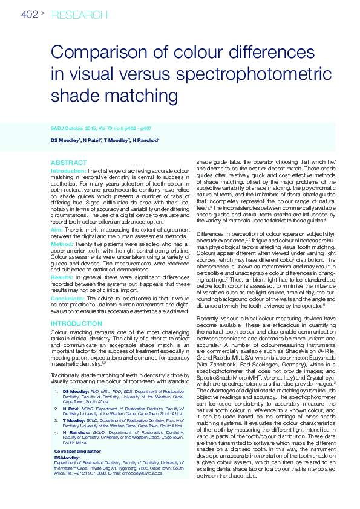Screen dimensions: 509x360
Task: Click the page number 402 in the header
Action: [x=30, y=14]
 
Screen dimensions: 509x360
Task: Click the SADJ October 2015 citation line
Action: [x=101, y=128]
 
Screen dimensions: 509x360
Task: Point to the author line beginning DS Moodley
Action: [x=105, y=140]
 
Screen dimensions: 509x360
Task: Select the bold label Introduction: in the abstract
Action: [x=68, y=171]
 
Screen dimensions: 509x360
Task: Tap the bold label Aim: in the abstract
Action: [x=57, y=230]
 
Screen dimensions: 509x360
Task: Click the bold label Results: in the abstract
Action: [x=62, y=276]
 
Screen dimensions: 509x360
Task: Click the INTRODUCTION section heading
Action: [x=76, y=324]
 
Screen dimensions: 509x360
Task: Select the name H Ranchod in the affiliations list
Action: [x=76, y=433]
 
